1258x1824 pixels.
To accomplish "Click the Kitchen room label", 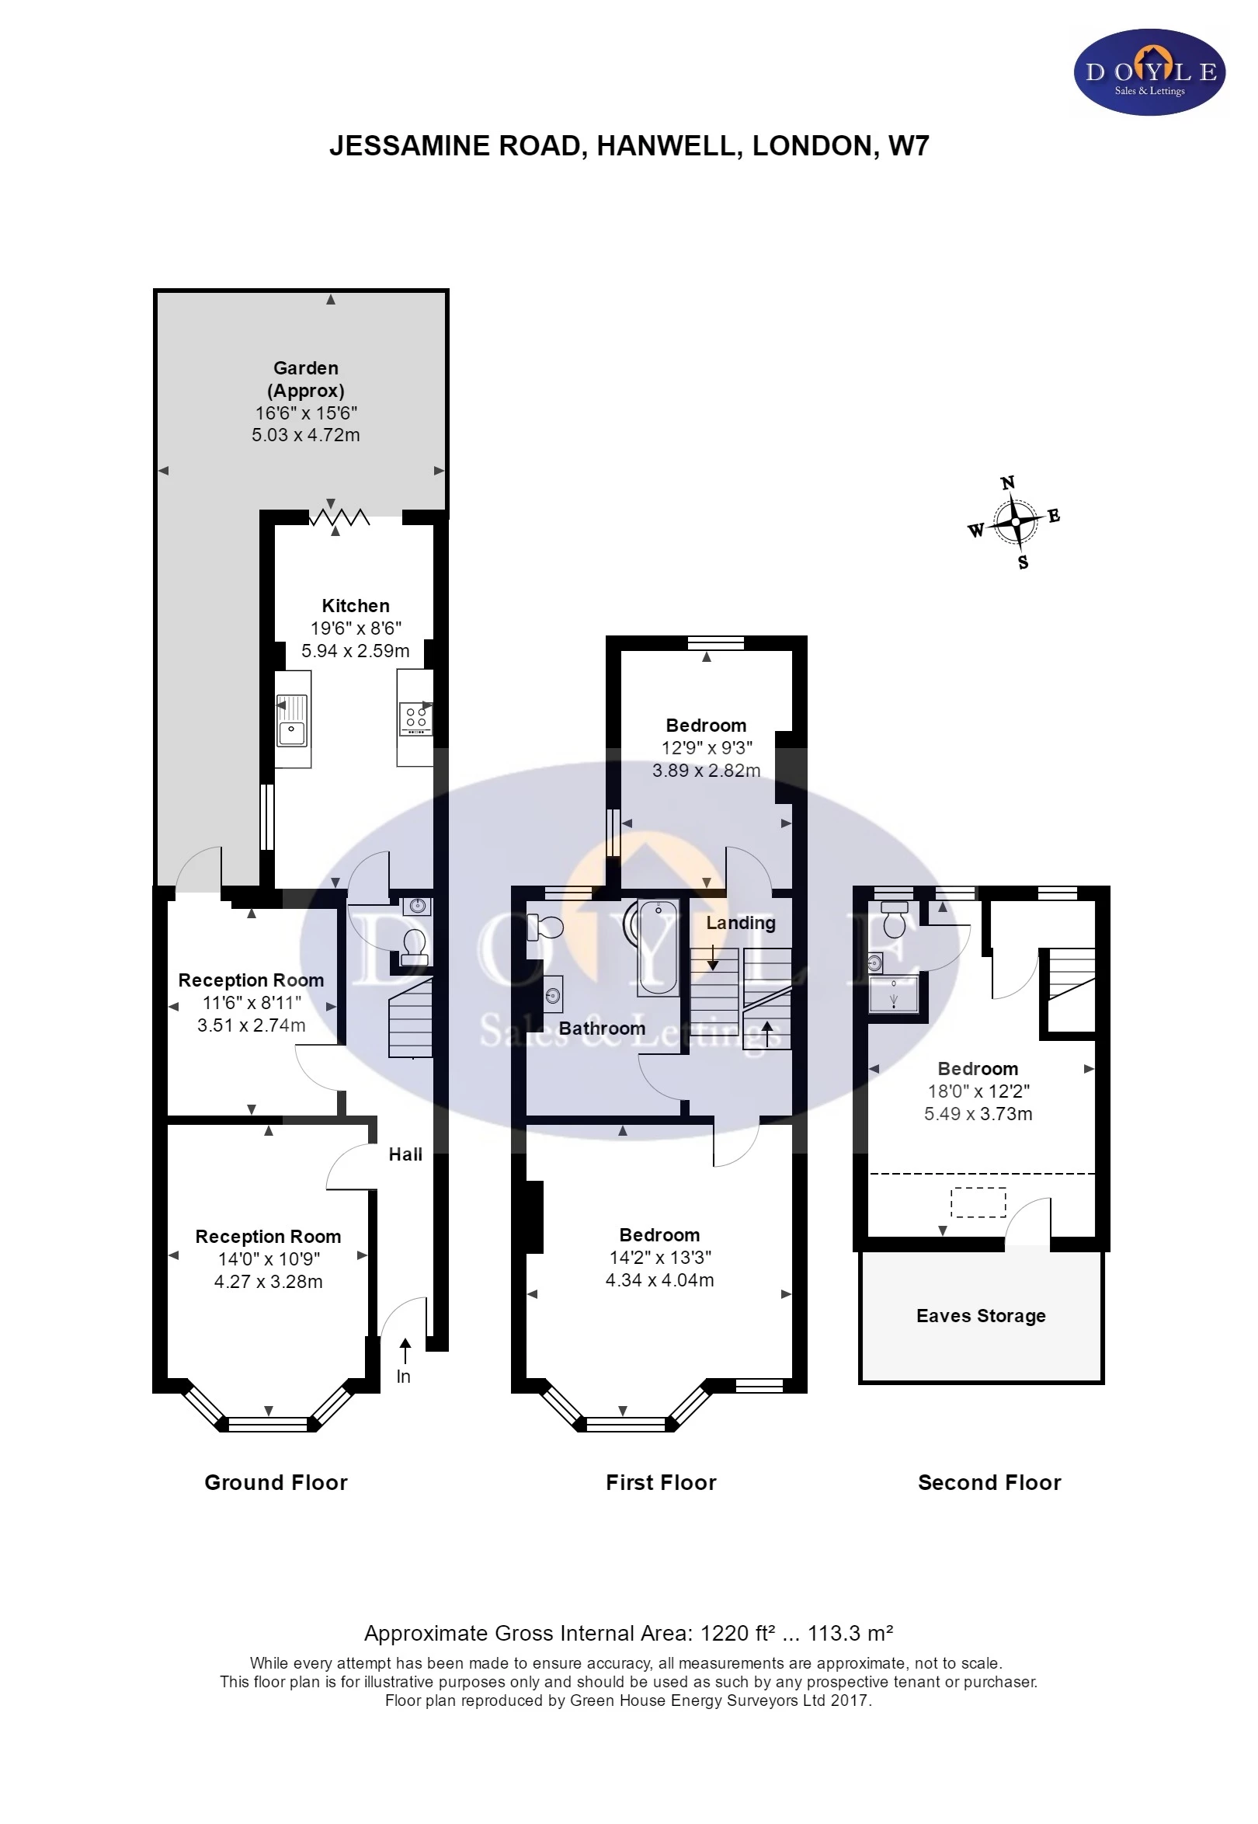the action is pyautogui.click(x=356, y=606).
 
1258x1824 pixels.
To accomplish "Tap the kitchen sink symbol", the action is pyautogui.click(x=292, y=720).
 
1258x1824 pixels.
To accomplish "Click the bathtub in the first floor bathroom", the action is pyautogui.click(x=658, y=947).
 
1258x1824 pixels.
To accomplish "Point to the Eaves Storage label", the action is pyautogui.click(x=981, y=1315).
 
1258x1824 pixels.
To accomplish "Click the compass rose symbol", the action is pyautogui.click(x=1015, y=522).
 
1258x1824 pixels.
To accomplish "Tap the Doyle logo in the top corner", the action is pyautogui.click(x=1150, y=72).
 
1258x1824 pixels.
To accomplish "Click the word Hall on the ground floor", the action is pyautogui.click(x=405, y=1154).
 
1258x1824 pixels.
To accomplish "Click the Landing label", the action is pyautogui.click(x=740, y=923).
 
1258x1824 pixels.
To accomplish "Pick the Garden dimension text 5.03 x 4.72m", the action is pyautogui.click(x=306, y=434).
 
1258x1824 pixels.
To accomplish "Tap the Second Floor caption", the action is pyautogui.click(x=989, y=1482).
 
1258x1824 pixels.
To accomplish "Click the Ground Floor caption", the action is pyautogui.click(x=276, y=1482).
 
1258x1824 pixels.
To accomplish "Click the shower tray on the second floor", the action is pyautogui.click(x=894, y=994).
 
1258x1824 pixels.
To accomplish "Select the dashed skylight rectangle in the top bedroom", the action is pyautogui.click(x=978, y=1203).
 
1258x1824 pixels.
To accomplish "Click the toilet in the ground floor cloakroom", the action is pyautogui.click(x=415, y=946).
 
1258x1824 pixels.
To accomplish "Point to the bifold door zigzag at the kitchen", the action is pyautogui.click(x=339, y=517).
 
